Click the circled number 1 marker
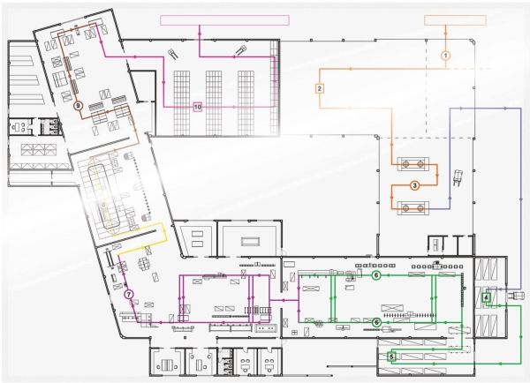[x=446, y=56]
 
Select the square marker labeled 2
[x=320, y=89]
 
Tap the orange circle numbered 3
[x=415, y=185]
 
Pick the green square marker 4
[x=486, y=297]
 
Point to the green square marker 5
[x=391, y=357]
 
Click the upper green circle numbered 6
[x=376, y=275]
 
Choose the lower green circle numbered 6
[x=376, y=323]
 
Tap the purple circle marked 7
[x=128, y=295]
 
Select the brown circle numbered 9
[x=78, y=106]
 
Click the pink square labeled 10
[x=198, y=108]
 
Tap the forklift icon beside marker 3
[x=458, y=177]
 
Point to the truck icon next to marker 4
[x=513, y=297]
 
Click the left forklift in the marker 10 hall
[x=173, y=53]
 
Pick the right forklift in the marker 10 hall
[x=240, y=50]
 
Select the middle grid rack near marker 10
[x=214, y=102]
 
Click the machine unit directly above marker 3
[x=413, y=164]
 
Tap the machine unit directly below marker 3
[x=413, y=208]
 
